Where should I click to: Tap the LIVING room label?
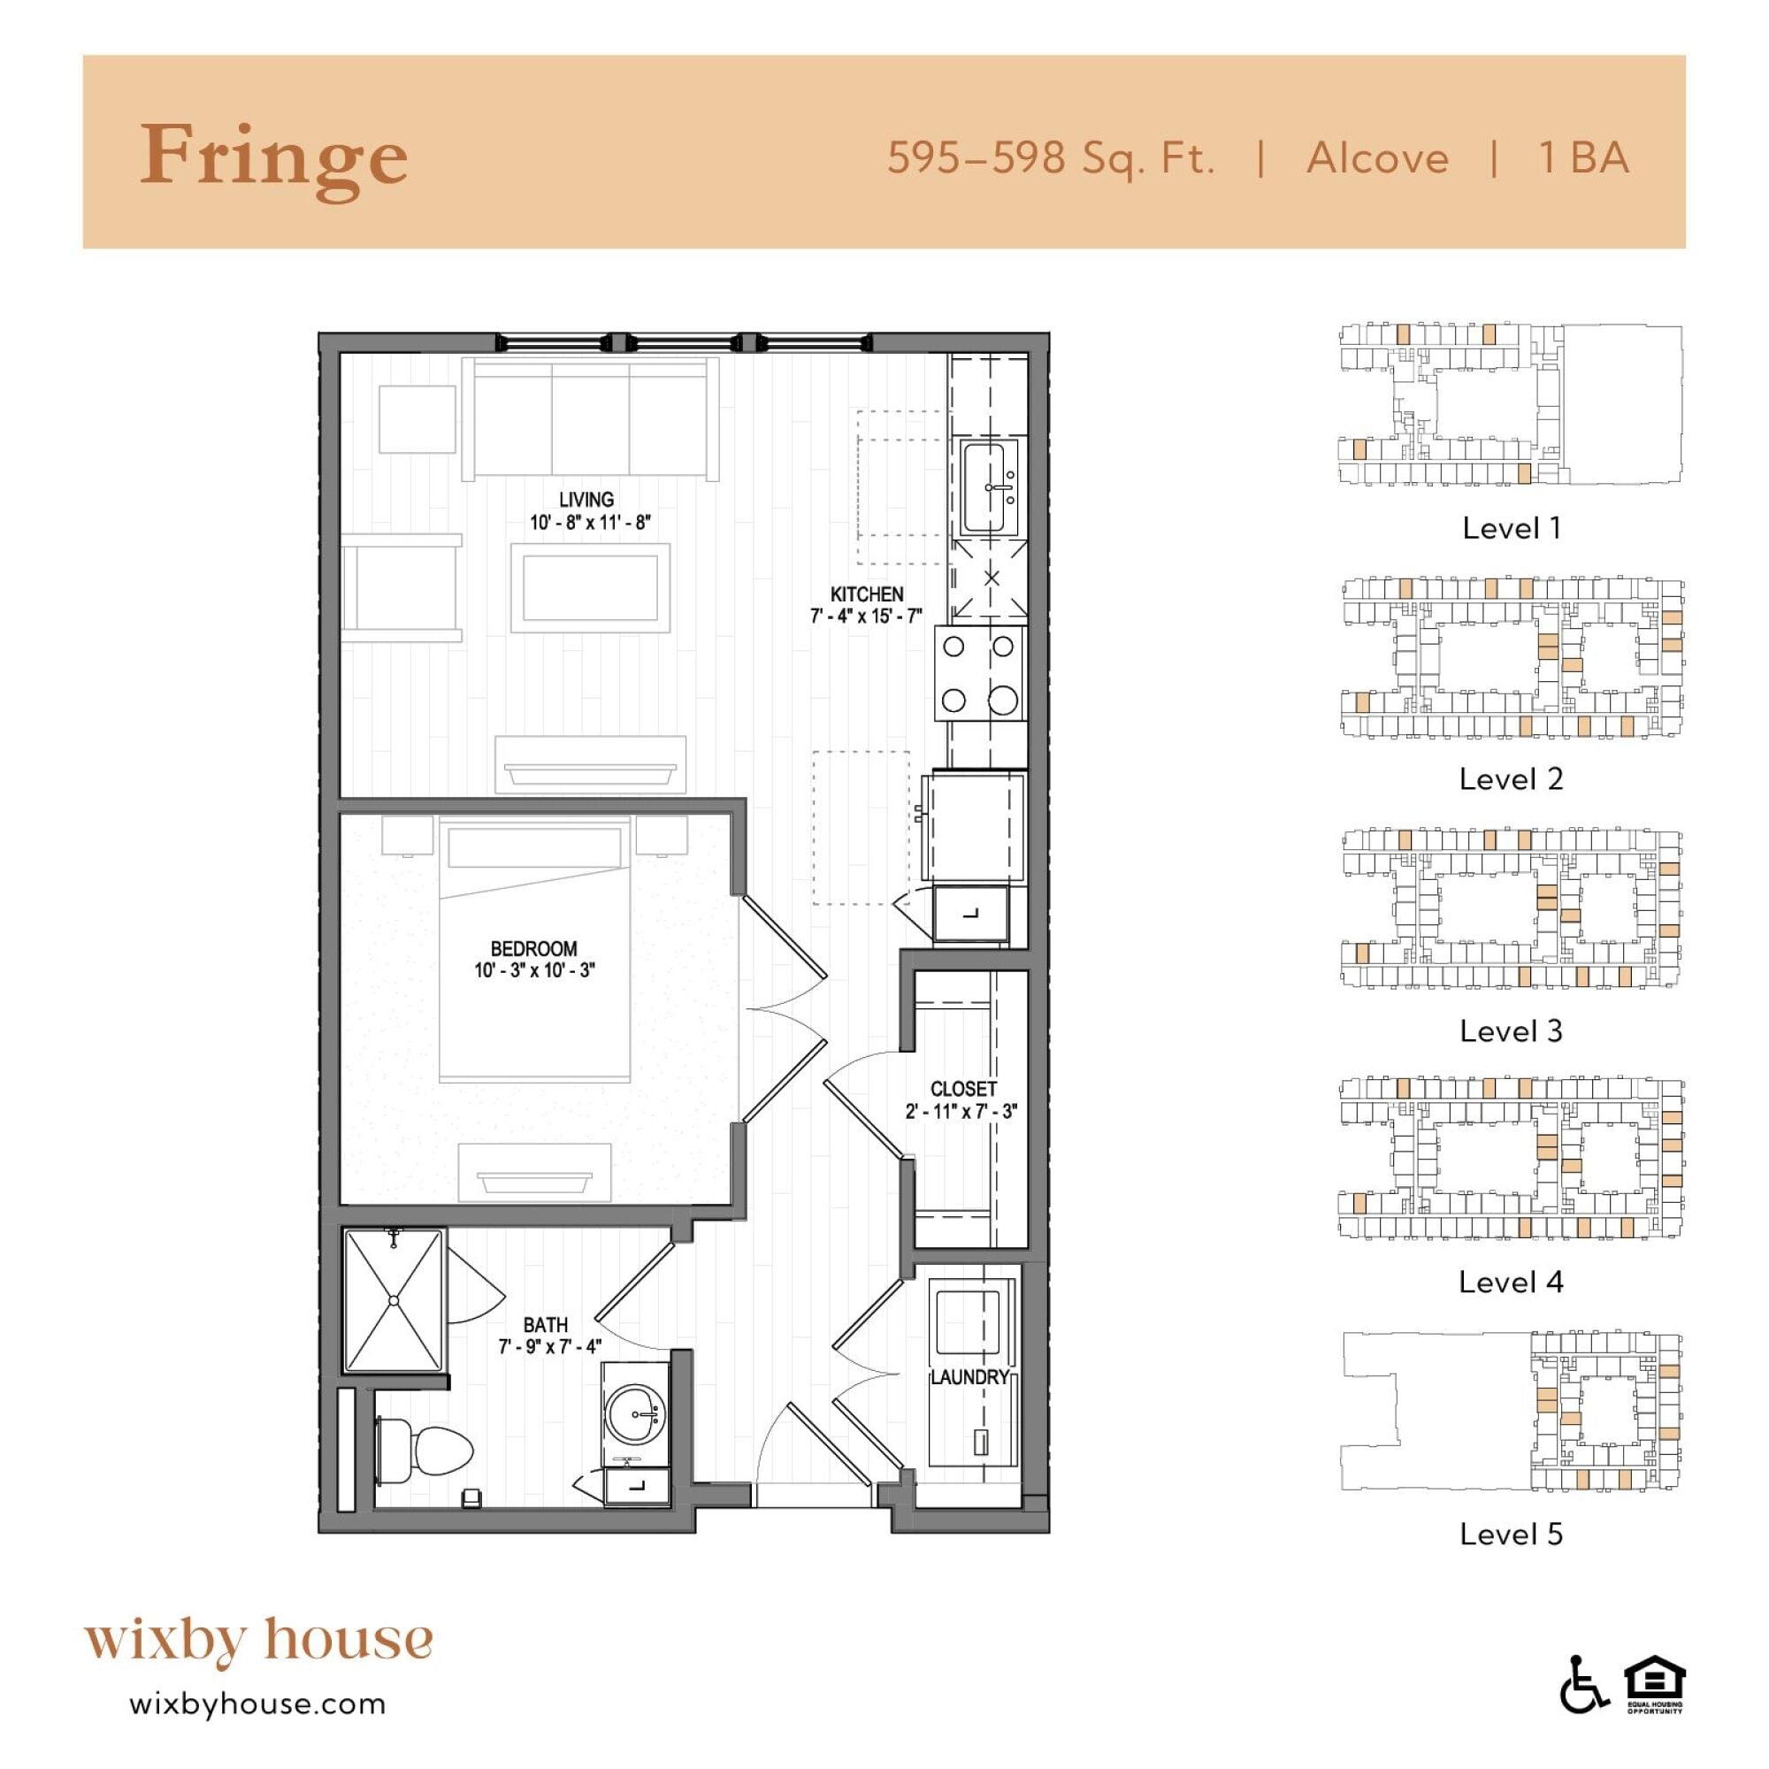(x=586, y=499)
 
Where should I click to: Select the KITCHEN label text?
(x=866, y=594)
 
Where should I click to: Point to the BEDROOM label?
(x=534, y=948)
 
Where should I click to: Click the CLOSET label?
(x=963, y=1089)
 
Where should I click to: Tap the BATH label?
(x=546, y=1325)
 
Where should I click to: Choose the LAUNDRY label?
(x=969, y=1377)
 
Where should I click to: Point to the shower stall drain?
(x=394, y=1300)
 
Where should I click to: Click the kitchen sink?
(x=990, y=487)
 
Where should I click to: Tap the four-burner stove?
(x=979, y=673)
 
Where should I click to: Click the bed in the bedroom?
(x=535, y=949)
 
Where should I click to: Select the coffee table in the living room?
(x=590, y=587)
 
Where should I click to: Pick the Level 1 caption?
(x=1511, y=528)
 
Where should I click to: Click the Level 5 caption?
(x=1511, y=1534)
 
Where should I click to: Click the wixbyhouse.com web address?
(x=258, y=1704)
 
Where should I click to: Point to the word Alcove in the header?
(x=1377, y=158)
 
